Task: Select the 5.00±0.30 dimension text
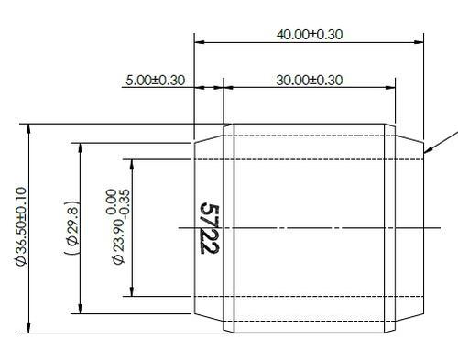tap(154, 80)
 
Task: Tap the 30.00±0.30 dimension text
tap(310, 80)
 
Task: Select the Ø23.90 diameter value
tap(117, 243)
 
